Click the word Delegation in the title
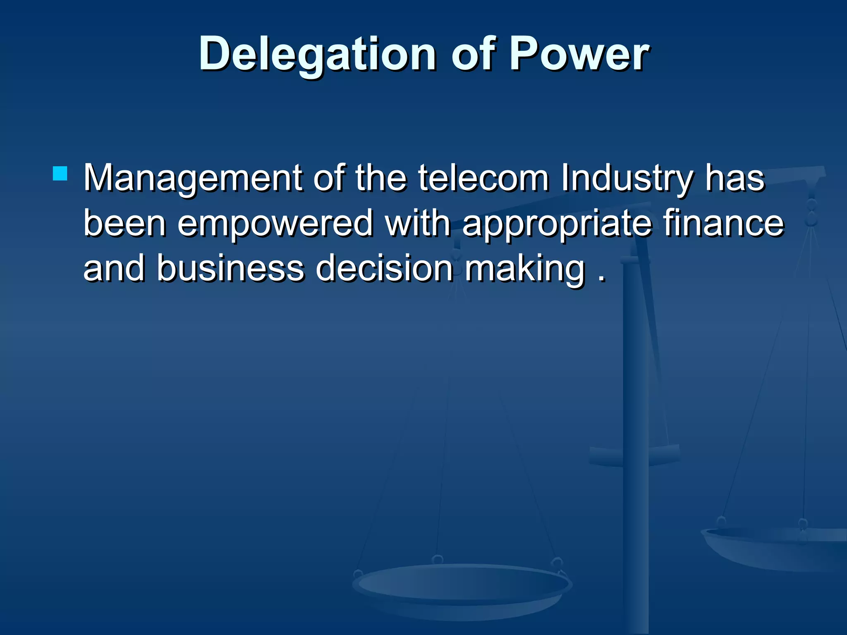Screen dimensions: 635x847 (x=317, y=54)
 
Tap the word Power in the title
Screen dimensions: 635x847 (x=579, y=54)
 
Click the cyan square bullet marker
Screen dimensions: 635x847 (x=60, y=174)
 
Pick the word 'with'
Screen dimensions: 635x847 (x=418, y=223)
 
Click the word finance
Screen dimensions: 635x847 (x=724, y=223)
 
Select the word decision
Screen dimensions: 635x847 (x=385, y=268)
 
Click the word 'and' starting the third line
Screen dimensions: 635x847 (x=114, y=268)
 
